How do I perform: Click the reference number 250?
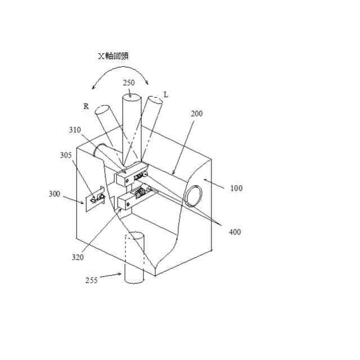point(129,82)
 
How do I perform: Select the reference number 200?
point(196,114)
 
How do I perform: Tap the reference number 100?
point(237,188)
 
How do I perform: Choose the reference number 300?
point(55,193)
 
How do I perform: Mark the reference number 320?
point(78,257)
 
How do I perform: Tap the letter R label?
point(86,106)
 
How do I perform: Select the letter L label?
point(166,94)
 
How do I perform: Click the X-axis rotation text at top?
point(116,56)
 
